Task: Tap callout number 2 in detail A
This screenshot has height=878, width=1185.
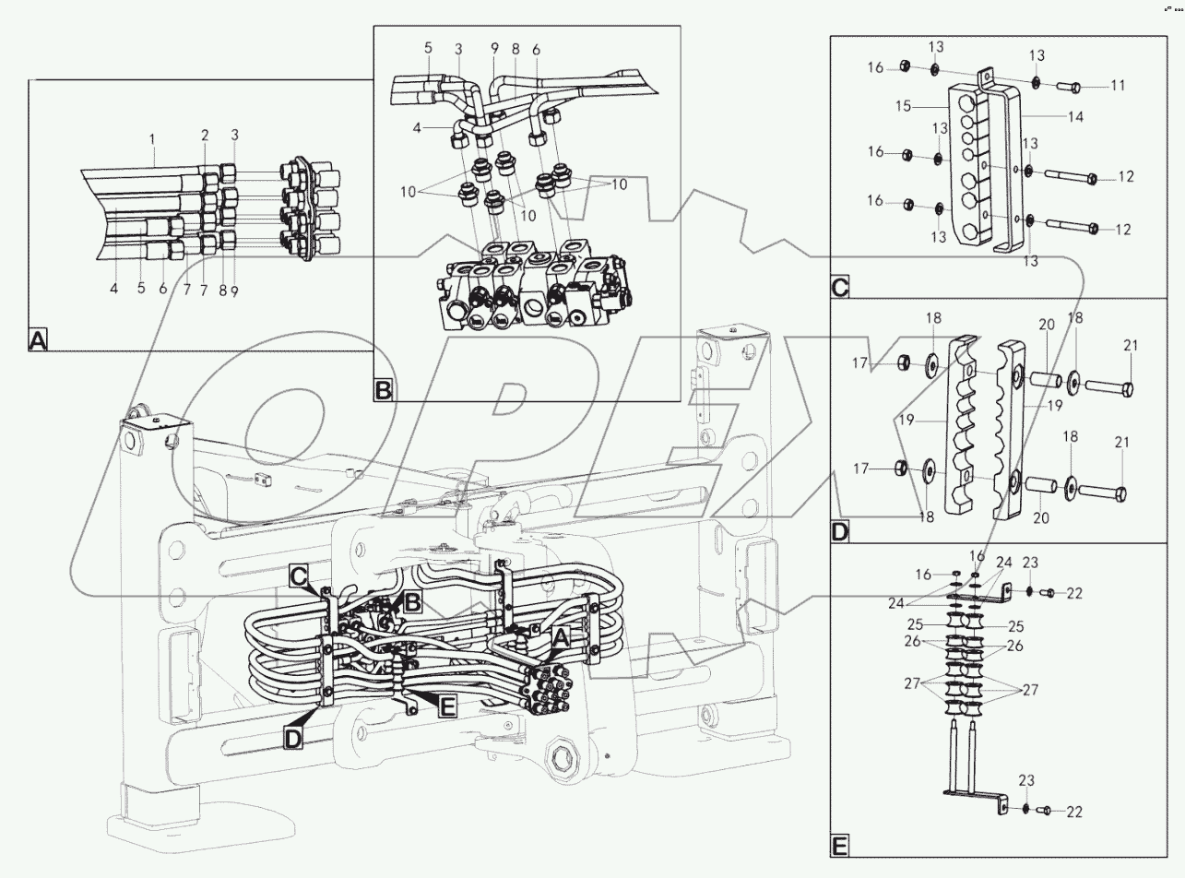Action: (206, 136)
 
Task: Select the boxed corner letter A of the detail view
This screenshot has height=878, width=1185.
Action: (38, 342)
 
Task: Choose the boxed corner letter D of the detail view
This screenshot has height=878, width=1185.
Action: (840, 532)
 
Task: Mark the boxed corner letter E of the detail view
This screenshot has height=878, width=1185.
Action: (840, 845)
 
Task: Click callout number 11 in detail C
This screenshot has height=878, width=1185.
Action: (1117, 85)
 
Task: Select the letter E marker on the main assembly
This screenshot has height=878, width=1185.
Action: (446, 707)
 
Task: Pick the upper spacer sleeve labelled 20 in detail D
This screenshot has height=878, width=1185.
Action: (1044, 379)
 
